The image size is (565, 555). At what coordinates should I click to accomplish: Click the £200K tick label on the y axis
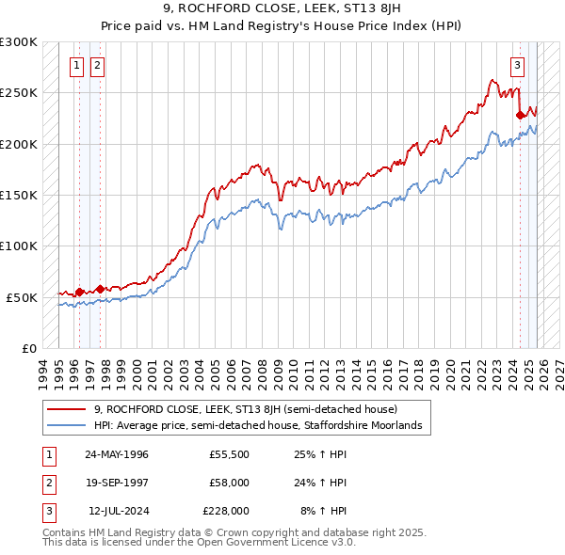(x=19, y=144)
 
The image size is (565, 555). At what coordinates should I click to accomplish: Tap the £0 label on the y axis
(x=28, y=348)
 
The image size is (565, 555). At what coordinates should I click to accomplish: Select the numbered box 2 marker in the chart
(x=98, y=65)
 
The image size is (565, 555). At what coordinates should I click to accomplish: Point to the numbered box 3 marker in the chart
(x=518, y=65)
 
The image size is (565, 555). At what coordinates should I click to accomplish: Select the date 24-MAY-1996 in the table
(x=117, y=454)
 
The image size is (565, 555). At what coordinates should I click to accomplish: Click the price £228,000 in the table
(x=226, y=511)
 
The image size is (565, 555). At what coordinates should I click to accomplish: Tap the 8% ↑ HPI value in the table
(x=324, y=511)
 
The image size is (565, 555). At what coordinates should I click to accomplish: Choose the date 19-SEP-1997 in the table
(x=117, y=483)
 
